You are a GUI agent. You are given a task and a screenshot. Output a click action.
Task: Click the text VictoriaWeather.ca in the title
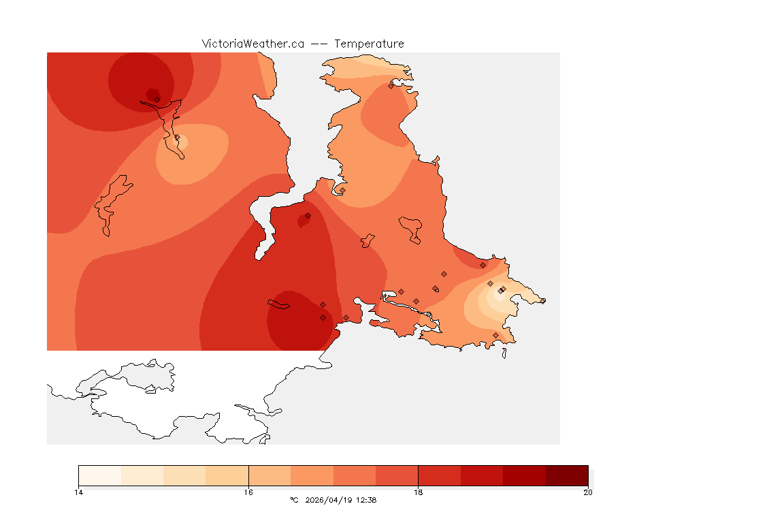click(252, 44)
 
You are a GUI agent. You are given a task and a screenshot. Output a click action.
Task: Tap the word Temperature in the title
click(369, 44)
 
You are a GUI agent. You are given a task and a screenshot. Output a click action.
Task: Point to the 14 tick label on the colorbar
click(79, 492)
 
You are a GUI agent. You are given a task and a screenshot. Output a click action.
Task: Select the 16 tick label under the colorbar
click(248, 492)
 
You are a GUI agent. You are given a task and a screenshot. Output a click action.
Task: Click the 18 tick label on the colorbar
click(418, 492)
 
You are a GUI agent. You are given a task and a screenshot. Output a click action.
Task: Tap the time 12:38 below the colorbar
click(365, 500)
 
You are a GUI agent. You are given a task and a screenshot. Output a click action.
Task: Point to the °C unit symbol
click(294, 500)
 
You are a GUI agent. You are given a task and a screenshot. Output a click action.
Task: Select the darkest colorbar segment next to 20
click(567, 475)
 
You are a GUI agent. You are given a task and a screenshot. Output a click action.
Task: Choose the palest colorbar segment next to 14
click(100, 475)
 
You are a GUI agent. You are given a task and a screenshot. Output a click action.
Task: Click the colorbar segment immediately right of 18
click(439, 475)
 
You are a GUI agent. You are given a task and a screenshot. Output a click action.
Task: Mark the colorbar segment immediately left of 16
click(227, 475)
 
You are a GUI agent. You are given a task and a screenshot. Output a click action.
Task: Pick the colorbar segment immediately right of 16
click(269, 475)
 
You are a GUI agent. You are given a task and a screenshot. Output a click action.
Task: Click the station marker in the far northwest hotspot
click(157, 99)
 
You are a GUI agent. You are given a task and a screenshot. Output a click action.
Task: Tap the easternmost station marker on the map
click(542, 301)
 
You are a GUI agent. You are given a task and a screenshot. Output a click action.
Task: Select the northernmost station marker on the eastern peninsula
click(391, 86)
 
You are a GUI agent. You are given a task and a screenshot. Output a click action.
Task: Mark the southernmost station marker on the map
click(495, 335)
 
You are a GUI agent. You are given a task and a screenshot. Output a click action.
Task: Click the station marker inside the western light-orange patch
click(178, 138)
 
